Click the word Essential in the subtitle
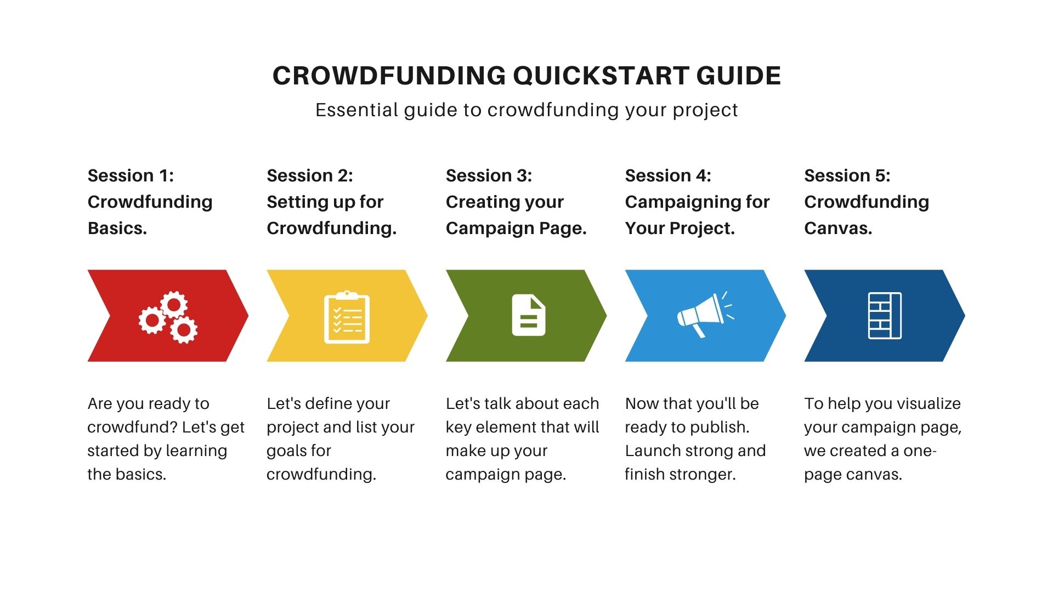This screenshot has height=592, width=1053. (x=356, y=110)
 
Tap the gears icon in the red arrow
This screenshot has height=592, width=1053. (x=168, y=317)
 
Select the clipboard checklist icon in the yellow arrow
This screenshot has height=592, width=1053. (x=347, y=317)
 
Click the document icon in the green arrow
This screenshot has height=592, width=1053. (x=529, y=315)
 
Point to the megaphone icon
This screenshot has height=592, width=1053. (x=705, y=314)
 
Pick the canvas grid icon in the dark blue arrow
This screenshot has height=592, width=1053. (x=885, y=316)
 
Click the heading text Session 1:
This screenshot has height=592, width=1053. (x=131, y=175)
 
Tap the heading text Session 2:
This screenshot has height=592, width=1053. (x=310, y=175)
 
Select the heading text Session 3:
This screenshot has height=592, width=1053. (x=489, y=175)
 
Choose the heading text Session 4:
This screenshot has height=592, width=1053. (x=668, y=175)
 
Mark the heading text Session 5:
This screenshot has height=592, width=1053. (x=847, y=175)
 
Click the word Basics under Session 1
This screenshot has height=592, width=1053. (x=117, y=228)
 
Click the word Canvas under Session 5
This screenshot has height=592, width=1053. (x=838, y=228)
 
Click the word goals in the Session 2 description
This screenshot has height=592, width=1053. (x=287, y=451)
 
